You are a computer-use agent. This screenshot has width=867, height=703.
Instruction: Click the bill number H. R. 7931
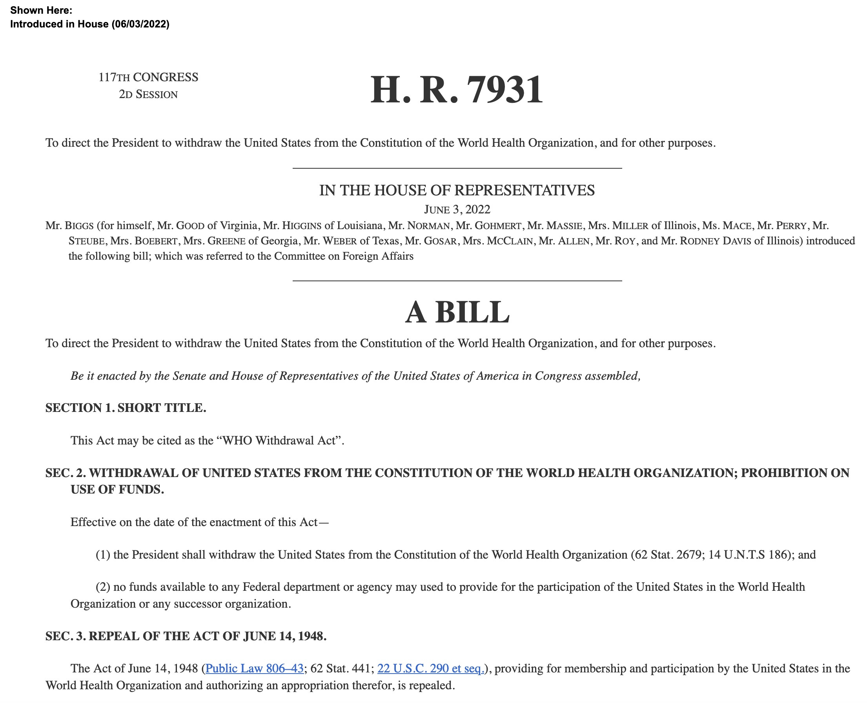(x=456, y=89)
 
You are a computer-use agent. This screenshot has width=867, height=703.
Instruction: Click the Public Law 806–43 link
(x=254, y=668)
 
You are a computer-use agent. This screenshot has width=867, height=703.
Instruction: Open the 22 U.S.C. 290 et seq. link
(x=430, y=668)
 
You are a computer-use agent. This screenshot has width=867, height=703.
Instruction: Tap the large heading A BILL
(x=457, y=313)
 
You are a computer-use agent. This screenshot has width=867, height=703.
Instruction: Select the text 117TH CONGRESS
(x=148, y=77)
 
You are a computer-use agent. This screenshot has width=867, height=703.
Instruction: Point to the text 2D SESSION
(x=148, y=95)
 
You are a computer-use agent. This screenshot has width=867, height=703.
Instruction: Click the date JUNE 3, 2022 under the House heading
(x=457, y=209)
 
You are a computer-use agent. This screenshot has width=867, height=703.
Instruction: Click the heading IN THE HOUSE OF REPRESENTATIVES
(x=457, y=190)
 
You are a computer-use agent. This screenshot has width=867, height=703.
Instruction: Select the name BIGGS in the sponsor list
(x=79, y=226)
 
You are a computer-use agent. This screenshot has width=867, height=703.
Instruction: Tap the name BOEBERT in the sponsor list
(x=156, y=241)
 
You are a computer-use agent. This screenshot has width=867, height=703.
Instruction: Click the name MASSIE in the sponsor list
(x=564, y=226)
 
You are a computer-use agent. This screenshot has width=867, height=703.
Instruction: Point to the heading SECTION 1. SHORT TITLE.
(x=126, y=408)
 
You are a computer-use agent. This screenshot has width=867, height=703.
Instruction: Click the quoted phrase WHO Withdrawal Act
(x=280, y=441)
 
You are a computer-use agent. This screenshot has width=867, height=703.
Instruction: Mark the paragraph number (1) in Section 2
(x=103, y=555)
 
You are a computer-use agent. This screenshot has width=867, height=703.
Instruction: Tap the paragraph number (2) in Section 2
(x=103, y=587)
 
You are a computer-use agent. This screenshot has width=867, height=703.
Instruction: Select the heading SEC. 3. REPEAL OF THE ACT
(x=186, y=636)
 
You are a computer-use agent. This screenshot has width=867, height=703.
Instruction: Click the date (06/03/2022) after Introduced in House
(x=140, y=24)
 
